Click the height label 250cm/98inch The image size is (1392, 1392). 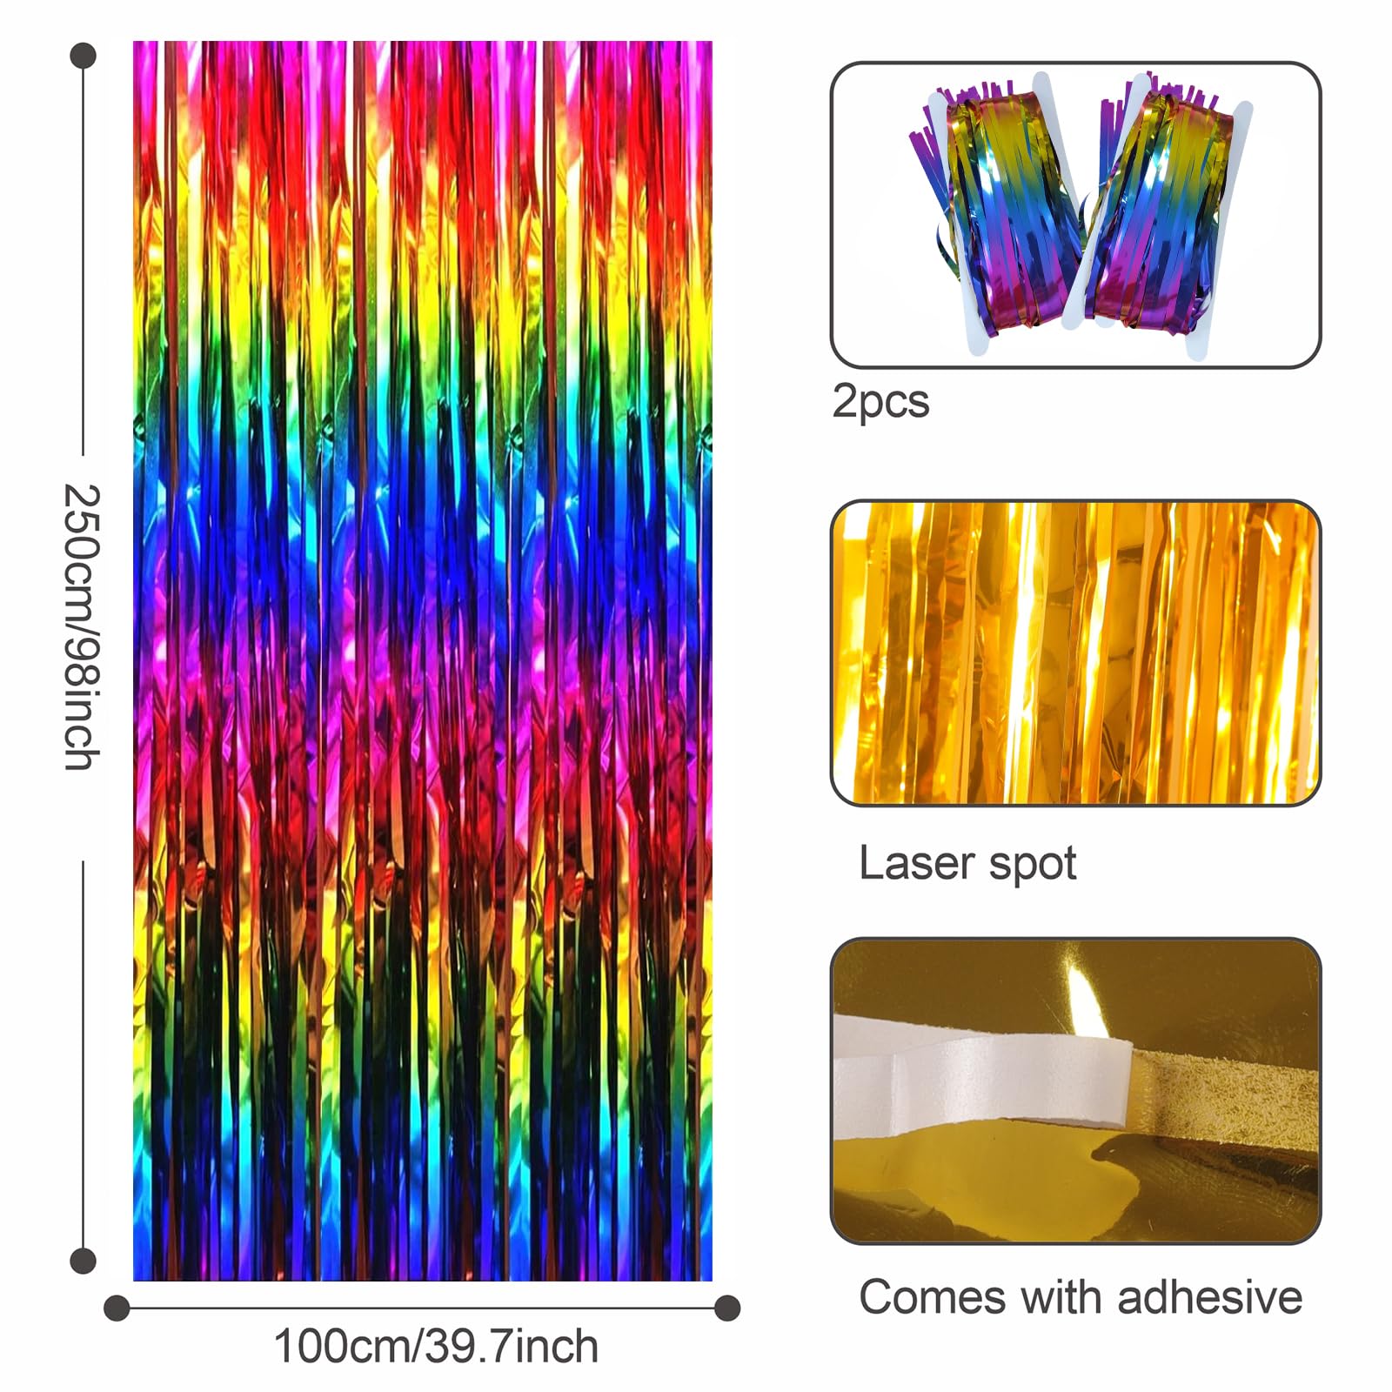pos(83,627)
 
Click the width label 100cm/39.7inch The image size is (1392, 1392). pos(436,1347)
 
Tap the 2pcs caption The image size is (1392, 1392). pos(880,403)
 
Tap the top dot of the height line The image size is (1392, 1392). pos(83,57)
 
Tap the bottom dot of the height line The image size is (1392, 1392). pos(83,1260)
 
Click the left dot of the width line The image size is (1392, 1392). pos(117,1308)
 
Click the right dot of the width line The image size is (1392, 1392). pos(727,1308)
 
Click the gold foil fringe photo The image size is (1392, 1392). pos(1075,652)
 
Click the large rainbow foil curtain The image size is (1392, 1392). pos(423,660)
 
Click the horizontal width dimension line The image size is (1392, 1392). pos(422,1308)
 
